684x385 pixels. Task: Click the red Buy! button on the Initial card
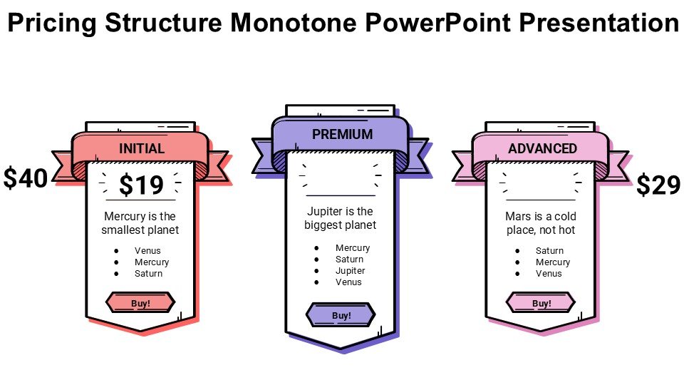coord(140,303)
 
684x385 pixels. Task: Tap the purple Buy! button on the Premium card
coord(341,315)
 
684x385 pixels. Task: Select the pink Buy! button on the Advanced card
coord(541,303)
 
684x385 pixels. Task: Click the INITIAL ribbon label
coord(142,149)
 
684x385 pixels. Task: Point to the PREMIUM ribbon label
coord(342,134)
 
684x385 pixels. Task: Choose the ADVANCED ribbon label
coord(542,149)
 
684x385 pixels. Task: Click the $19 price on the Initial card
coord(141,185)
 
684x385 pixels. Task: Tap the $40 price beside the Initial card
coord(25,178)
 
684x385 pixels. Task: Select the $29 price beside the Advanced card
coord(658,185)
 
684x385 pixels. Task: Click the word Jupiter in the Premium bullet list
coord(350,271)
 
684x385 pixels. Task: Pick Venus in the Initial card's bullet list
coord(147,251)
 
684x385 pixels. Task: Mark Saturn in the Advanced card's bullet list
coord(549,251)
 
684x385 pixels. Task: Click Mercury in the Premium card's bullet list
coord(353,248)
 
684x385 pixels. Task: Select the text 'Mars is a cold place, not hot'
coord(540,223)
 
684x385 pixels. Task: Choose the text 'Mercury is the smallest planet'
coord(140,223)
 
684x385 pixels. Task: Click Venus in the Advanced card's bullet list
coord(549,274)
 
